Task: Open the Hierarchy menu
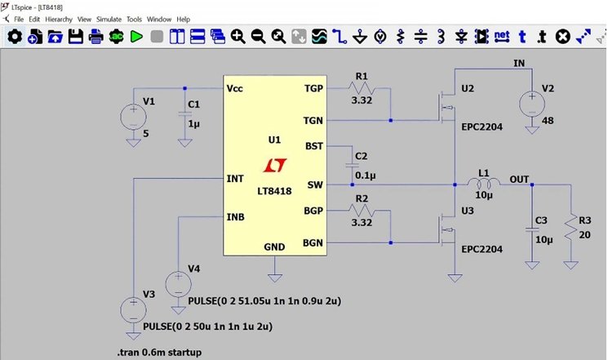[58, 19]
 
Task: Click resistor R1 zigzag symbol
[361, 88]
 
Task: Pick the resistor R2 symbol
[361, 210]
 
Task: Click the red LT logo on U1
[275, 165]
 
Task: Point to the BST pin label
[313, 146]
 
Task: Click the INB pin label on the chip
[236, 217]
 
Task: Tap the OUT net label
[519, 179]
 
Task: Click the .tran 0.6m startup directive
[158, 352]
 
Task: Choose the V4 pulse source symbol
[177, 285]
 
